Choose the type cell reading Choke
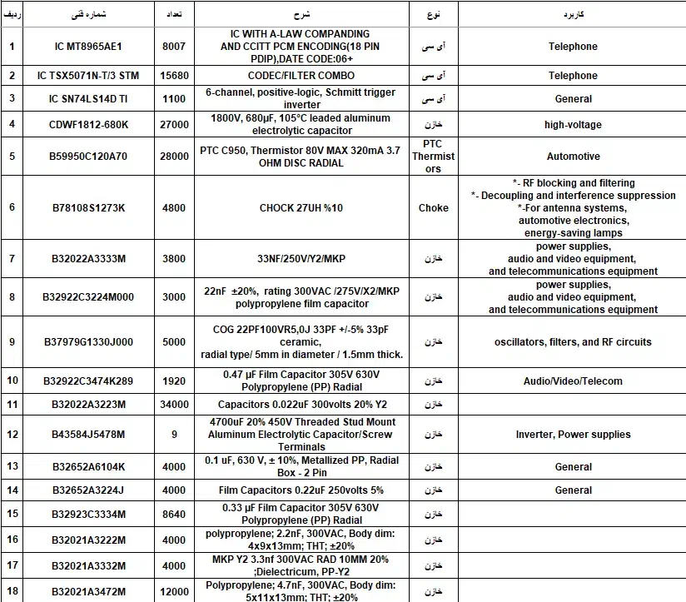click(433, 208)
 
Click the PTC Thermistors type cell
click(433, 157)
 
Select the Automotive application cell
click(573, 157)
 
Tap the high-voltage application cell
click(573, 125)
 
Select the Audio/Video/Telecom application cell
click(573, 381)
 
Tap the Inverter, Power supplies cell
click(573, 435)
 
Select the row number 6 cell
click(12, 208)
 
